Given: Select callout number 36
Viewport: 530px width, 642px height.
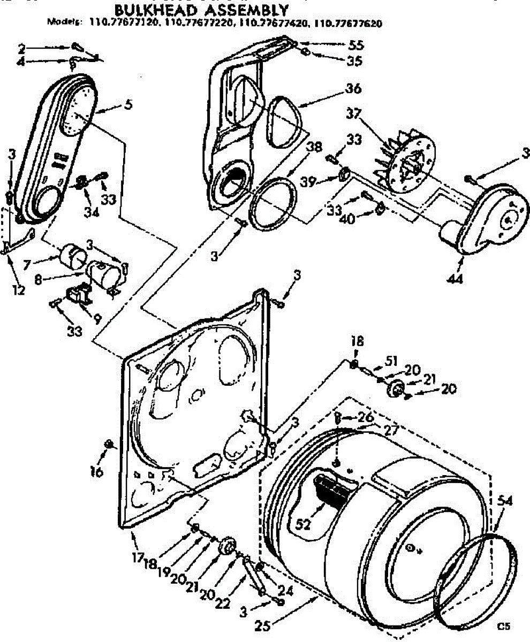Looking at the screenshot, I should [354, 88].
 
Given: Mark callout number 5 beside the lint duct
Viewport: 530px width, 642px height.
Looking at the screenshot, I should [127, 105].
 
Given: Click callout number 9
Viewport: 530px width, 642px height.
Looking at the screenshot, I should [97, 317].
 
